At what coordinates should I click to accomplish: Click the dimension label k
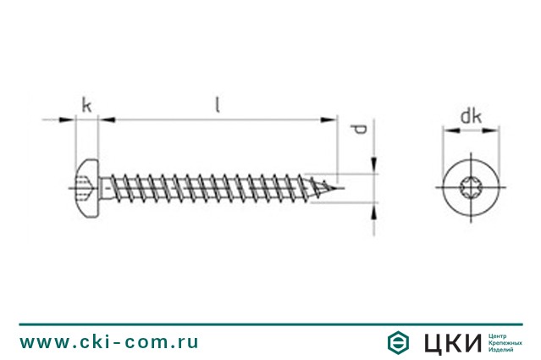(86, 105)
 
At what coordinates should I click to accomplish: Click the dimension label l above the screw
(218, 105)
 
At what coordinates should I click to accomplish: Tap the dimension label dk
(472, 116)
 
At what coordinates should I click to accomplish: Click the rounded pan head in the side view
(86, 188)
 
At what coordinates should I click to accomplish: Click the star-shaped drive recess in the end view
(471, 188)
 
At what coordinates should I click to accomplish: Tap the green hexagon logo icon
(398, 342)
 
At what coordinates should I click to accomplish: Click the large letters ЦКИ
(453, 343)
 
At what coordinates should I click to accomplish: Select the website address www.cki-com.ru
(109, 342)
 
